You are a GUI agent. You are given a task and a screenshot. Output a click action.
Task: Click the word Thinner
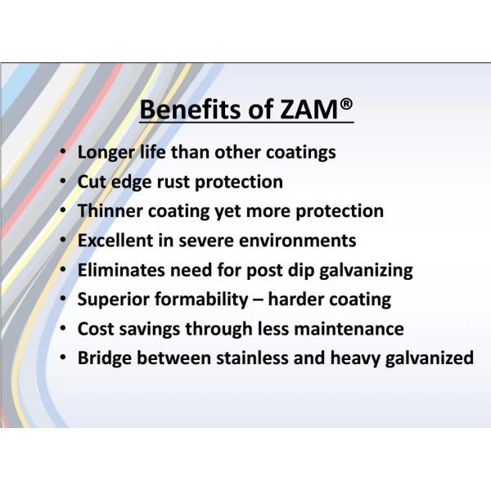110,210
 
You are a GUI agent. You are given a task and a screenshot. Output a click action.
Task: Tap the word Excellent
115,240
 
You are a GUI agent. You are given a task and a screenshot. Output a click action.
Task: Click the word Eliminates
119,269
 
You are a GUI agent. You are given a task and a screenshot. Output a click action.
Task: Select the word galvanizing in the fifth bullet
364,269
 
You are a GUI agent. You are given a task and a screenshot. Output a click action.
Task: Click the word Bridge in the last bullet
103,358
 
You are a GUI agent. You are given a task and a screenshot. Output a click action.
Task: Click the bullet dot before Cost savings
63,329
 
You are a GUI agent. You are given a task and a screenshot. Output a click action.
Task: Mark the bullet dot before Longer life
63,152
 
